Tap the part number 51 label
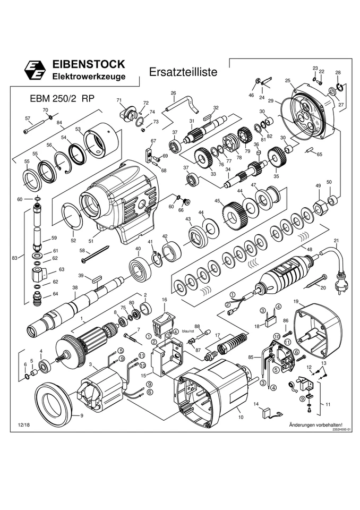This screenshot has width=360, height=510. point(91,241)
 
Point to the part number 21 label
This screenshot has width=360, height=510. point(336,241)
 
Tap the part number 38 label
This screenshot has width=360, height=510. point(75,287)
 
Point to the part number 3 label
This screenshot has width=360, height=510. point(91,364)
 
